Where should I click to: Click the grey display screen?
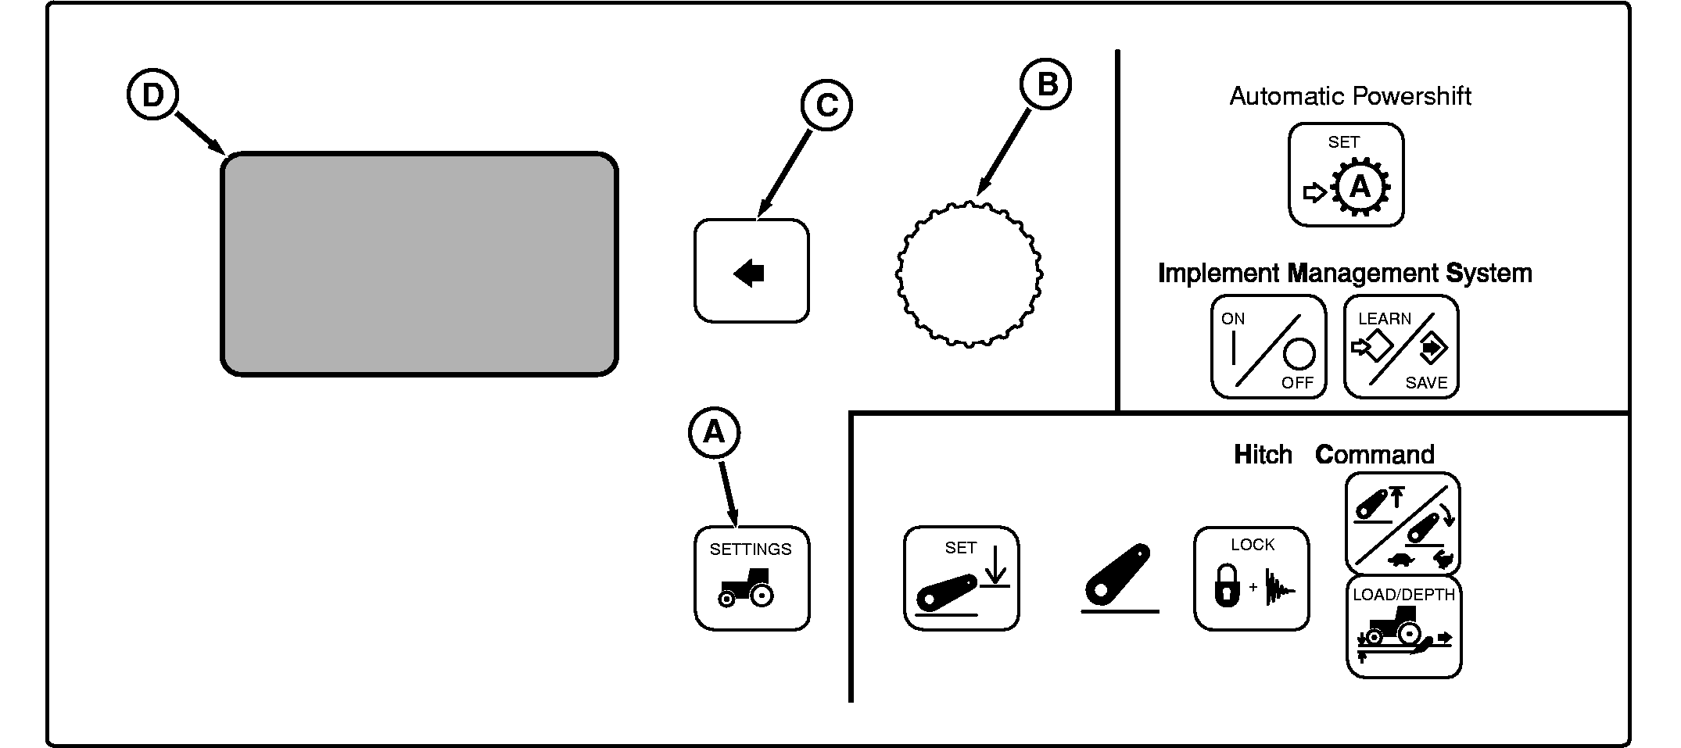[x=419, y=264]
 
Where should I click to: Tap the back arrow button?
[x=751, y=271]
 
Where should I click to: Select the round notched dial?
[x=969, y=274]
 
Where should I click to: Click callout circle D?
[x=153, y=95]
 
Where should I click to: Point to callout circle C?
[x=826, y=105]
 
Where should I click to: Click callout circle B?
[x=1046, y=84]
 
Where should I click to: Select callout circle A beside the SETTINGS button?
[x=714, y=431]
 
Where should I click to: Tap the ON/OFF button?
[x=1268, y=347]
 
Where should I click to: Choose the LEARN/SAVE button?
[x=1401, y=347]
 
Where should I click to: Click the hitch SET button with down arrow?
[x=961, y=578]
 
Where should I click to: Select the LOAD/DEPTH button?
[x=1403, y=627]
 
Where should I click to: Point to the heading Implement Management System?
[x=1344, y=274]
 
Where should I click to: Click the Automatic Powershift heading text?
[x=1350, y=96]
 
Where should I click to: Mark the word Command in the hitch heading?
[x=1375, y=454]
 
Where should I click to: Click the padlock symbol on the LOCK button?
[x=1227, y=585]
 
